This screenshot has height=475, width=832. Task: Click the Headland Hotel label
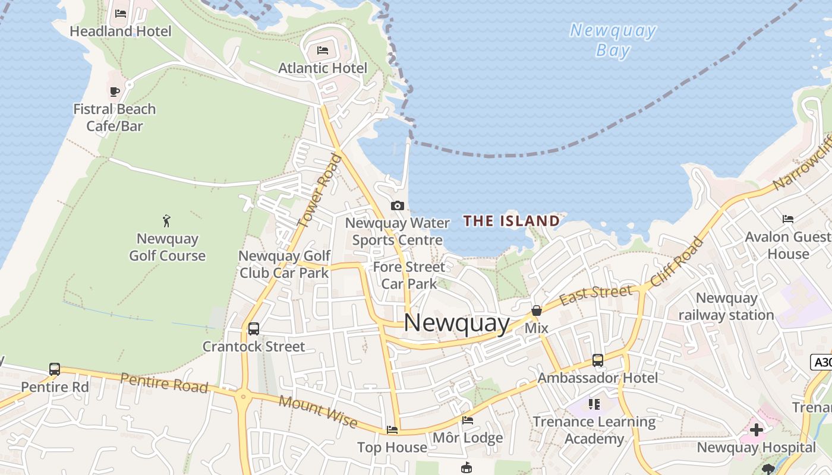(121, 31)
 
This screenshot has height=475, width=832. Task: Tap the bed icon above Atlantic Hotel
(323, 50)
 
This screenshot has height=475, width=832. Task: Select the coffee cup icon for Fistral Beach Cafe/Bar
(115, 91)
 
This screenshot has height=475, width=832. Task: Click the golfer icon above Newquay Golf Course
(166, 221)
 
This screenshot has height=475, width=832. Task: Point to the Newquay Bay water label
(613, 40)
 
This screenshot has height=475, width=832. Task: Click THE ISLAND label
(512, 221)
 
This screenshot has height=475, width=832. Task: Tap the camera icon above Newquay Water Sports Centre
(398, 206)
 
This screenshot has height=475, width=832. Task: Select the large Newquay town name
(456, 323)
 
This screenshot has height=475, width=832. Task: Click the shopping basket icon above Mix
(537, 311)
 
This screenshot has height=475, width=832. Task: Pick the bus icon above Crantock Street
(254, 328)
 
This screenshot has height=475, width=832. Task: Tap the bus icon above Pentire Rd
(55, 369)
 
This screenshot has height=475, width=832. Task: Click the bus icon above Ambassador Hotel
(598, 360)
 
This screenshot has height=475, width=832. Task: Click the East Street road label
(596, 294)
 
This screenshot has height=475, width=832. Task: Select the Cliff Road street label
(677, 262)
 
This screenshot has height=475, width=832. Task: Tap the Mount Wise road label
(318, 412)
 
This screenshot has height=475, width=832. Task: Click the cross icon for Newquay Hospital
(756, 429)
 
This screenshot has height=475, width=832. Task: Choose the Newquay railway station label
(726, 306)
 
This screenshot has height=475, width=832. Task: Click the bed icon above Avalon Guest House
(788, 219)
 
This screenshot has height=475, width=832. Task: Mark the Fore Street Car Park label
(409, 275)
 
